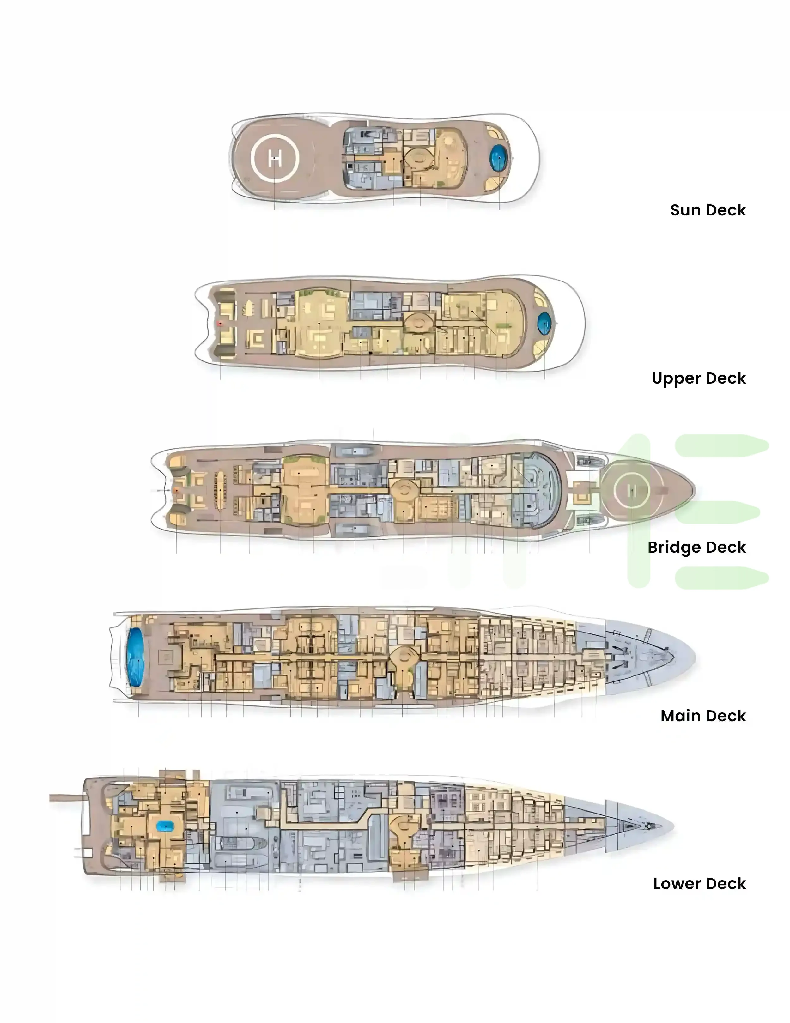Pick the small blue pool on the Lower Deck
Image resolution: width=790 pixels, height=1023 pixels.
click(165, 827)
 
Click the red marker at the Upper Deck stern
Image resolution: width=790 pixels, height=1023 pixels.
click(220, 323)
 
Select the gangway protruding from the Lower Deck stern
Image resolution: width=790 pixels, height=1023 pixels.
click(66, 798)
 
